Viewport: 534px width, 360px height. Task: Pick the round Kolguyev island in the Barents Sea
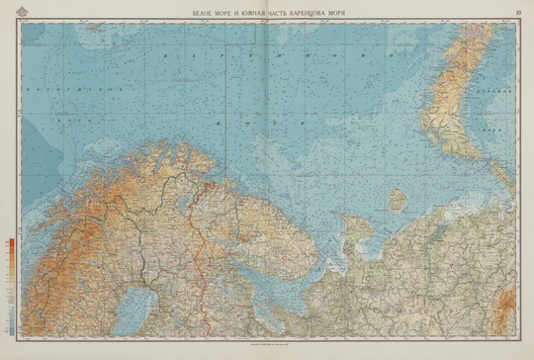tap(397, 199)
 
